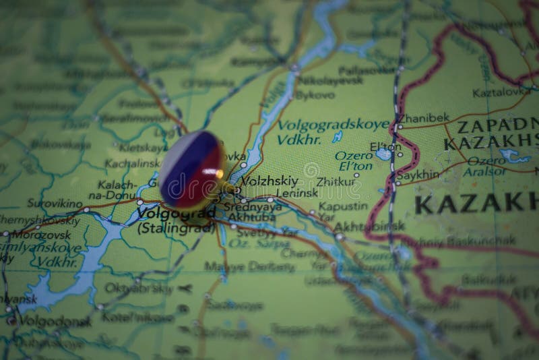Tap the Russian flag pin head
(191, 169)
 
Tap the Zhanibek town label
(423, 117)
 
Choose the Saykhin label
(418, 174)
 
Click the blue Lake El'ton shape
(383, 154)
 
